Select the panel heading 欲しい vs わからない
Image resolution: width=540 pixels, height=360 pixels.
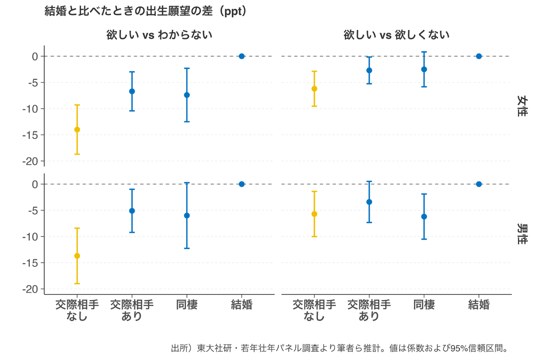click(x=159, y=35)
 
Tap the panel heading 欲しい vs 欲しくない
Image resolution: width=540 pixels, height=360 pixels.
click(x=396, y=35)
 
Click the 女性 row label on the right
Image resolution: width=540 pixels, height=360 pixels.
click(x=521, y=106)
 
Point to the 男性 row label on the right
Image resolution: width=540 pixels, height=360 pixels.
click(x=521, y=234)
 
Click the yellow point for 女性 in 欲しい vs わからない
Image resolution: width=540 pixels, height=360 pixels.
click(x=77, y=130)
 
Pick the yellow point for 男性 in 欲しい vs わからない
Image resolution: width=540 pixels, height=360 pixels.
click(x=77, y=256)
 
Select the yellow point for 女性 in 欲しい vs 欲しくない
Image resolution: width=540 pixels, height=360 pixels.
click(x=314, y=89)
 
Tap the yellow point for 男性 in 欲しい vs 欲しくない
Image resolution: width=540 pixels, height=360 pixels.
click(x=314, y=214)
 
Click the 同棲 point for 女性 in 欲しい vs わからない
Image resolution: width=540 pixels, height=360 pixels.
click(x=187, y=95)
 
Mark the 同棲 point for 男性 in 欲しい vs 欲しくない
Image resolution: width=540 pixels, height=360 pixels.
click(x=424, y=216)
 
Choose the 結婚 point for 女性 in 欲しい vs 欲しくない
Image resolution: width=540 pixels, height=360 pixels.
click(x=479, y=56)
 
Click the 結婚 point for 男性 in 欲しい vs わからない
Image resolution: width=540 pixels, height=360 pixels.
click(x=242, y=184)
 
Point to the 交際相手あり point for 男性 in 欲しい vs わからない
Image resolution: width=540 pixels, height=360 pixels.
click(x=132, y=211)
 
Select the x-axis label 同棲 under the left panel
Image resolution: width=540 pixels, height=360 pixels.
click(x=187, y=305)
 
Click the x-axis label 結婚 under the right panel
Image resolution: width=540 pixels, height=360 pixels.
click(x=479, y=305)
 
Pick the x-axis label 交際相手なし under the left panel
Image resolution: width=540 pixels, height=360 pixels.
click(x=77, y=310)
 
